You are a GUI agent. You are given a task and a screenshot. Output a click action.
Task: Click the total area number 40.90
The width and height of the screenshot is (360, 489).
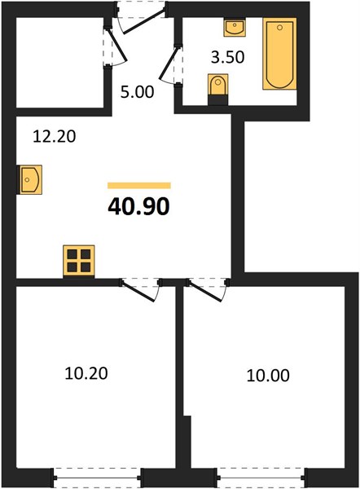click(138, 207)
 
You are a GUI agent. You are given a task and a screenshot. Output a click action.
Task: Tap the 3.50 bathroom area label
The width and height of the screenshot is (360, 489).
click(227, 57)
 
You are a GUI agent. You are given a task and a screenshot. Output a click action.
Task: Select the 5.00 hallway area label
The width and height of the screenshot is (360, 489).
click(138, 92)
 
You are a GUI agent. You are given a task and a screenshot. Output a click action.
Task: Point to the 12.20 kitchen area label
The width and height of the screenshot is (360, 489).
click(55, 136)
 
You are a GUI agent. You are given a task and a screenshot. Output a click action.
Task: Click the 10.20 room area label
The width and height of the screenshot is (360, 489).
click(86, 373)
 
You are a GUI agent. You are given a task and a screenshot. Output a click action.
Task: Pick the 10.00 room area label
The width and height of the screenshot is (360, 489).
click(268, 376)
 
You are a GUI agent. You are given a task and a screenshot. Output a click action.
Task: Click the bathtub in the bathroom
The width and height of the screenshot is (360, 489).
click(279, 54)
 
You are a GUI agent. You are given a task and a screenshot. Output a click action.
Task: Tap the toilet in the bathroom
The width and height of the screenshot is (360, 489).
click(217, 85)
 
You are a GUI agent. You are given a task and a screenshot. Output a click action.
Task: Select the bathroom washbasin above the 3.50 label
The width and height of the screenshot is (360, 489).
click(235, 28)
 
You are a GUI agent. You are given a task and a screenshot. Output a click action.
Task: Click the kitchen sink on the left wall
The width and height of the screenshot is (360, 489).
click(30, 180)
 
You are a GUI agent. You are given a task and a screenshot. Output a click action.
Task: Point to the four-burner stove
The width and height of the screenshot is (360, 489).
click(79, 261)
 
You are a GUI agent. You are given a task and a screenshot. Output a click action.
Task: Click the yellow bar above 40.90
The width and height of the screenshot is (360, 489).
click(139, 186)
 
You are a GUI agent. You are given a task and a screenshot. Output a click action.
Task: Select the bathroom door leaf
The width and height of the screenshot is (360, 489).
click(169, 63)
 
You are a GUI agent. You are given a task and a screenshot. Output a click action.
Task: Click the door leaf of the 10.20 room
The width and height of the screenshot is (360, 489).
click(138, 291)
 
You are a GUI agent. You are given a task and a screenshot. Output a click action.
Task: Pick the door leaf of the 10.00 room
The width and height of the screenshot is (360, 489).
click(204, 291)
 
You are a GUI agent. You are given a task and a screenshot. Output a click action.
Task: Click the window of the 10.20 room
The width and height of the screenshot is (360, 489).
click(97, 478)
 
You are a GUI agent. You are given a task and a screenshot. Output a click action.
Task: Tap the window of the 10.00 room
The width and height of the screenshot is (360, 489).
click(261, 478)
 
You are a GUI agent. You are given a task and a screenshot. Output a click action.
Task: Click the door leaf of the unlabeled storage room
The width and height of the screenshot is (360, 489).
click(117, 44)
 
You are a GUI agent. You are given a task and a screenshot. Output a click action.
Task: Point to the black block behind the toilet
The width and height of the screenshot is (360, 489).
click(217, 100)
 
